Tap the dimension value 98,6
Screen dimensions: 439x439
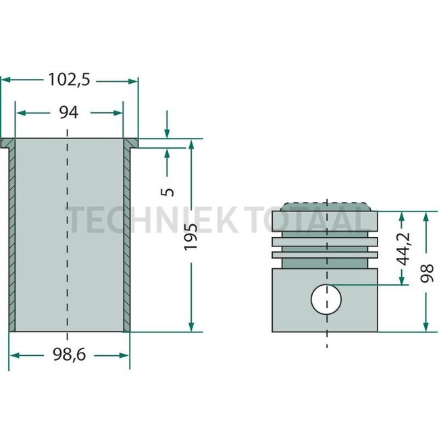68,354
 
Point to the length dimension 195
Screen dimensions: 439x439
192,236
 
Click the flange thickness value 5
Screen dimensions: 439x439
168,190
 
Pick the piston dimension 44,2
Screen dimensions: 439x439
403,249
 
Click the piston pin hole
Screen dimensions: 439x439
326,299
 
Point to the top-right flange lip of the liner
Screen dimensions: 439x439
132,143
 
